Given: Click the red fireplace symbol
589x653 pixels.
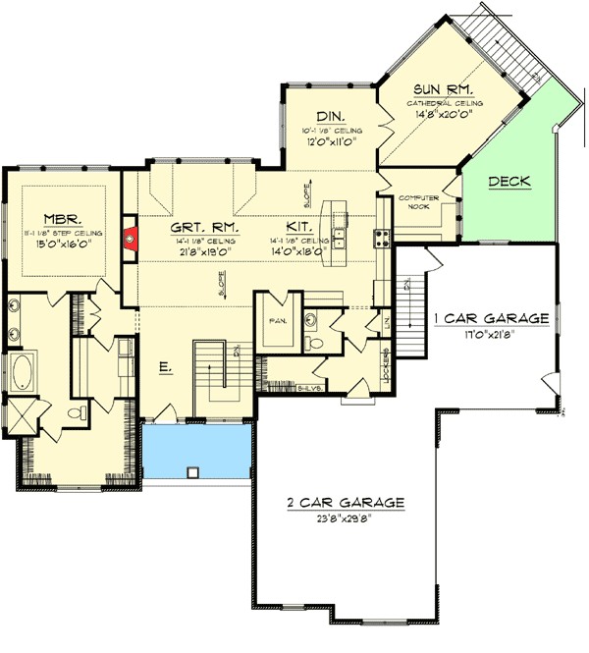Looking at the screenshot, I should pos(129,237).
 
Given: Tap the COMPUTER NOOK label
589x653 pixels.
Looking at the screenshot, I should pos(417,202).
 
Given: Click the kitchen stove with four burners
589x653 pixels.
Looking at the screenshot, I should pos(380,238).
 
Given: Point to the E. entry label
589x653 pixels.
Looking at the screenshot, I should pos(166,367).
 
